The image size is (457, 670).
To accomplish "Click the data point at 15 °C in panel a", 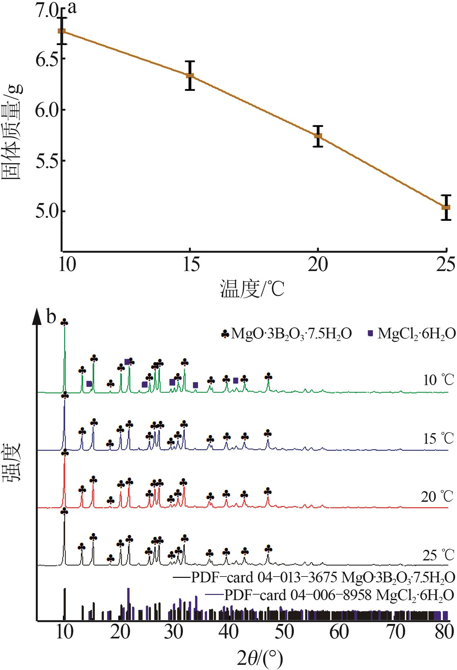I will tap(190, 75).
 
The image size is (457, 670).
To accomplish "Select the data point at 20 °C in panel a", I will tap(318, 136).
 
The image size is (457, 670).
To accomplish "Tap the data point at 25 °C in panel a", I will tap(446, 207).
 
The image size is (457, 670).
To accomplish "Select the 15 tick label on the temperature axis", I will tap(191, 265).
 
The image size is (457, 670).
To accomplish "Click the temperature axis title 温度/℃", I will tap(252, 289).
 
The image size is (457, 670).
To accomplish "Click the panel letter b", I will tap(51, 317).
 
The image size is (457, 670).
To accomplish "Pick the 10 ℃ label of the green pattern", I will tap(438, 380).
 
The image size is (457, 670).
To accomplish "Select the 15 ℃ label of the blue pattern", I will tap(438, 438).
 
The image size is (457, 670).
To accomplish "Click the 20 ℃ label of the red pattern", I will tap(437, 497).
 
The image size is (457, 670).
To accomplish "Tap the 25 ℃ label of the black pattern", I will tap(438, 556).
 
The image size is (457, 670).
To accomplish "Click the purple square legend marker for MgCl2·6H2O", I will tap(370, 334).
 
